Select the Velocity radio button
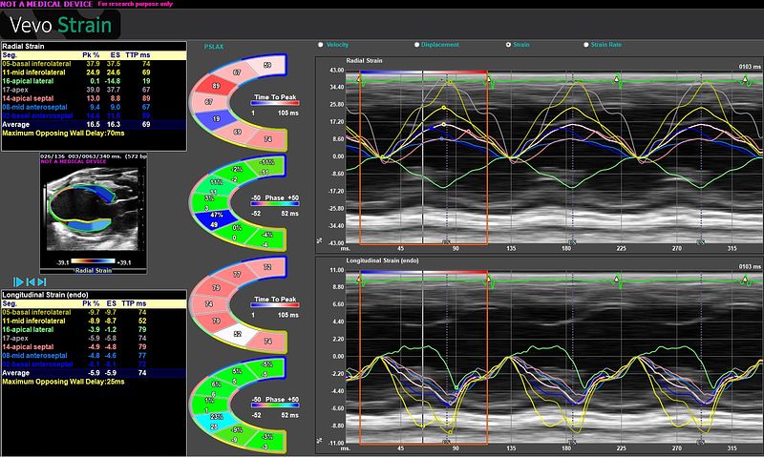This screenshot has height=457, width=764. coord(320,45)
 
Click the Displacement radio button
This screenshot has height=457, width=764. coord(417,45)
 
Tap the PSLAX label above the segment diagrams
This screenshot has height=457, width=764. coord(214,46)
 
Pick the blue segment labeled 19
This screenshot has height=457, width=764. coord(217,119)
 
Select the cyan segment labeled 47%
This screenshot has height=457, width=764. coord(218,216)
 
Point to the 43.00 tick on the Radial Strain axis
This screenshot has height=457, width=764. coord(335,72)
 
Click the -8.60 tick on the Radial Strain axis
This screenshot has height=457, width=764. coord(335,173)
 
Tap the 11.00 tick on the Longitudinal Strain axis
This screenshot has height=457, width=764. coord(335,271)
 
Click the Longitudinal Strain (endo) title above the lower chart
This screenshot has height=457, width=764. coord(364,260)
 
